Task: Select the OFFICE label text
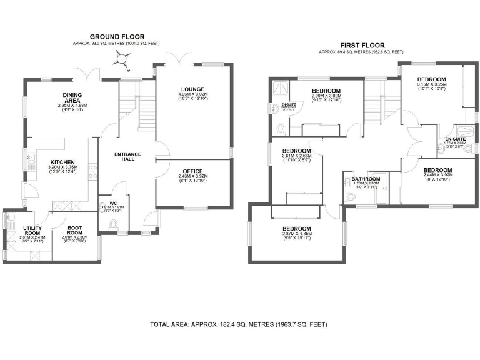point(192,171)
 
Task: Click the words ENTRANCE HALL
point(127,157)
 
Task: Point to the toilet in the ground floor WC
point(112,227)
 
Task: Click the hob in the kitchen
point(93,171)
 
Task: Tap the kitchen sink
point(29,161)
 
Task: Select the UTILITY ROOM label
point(32,231)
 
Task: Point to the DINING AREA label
point(72,97)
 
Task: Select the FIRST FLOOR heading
point(361,45)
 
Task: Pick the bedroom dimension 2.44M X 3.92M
point(437,175)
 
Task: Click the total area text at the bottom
point(238,324)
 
